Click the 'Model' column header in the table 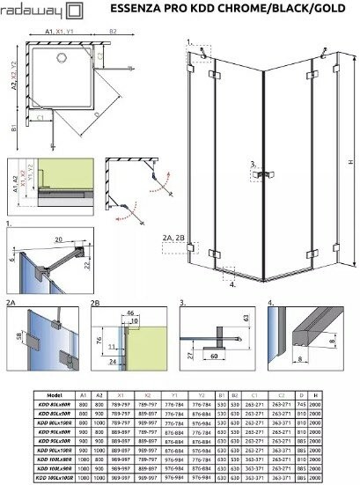click(x=55, y=396)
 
